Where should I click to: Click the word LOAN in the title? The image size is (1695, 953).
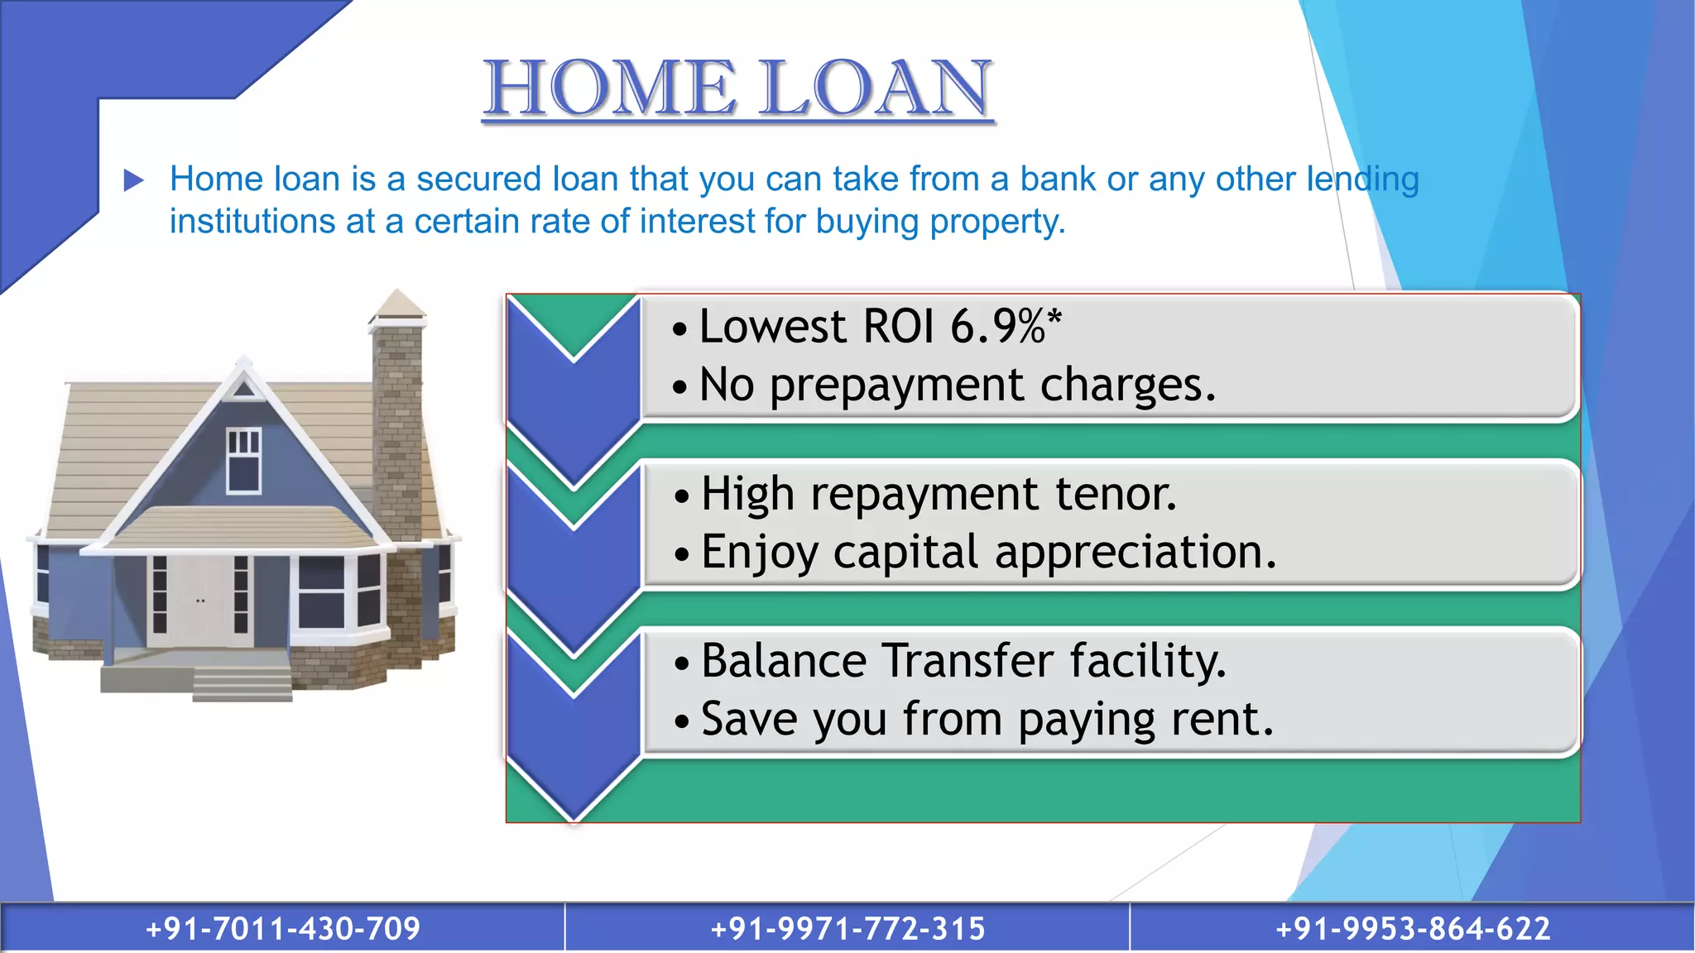[x=875, y=89]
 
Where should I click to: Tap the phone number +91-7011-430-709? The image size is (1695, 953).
[x=283, y=928]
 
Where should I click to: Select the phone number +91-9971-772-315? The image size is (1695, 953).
[x=847, y=928]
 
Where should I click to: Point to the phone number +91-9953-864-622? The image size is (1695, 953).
[x=1413, y=928]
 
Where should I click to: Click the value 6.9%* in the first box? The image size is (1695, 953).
[x=1006, y=326]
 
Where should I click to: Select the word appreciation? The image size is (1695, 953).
[x=1136, y=552]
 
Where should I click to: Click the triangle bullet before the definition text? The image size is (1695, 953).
[x=133, y=180]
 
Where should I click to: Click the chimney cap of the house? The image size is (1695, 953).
[x=397, y=307]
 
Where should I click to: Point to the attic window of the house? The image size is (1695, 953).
[x=243, y=460]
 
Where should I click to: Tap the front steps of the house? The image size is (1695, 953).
[x=242, y=683]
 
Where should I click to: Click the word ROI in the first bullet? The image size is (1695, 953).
[x=899, y=326]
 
